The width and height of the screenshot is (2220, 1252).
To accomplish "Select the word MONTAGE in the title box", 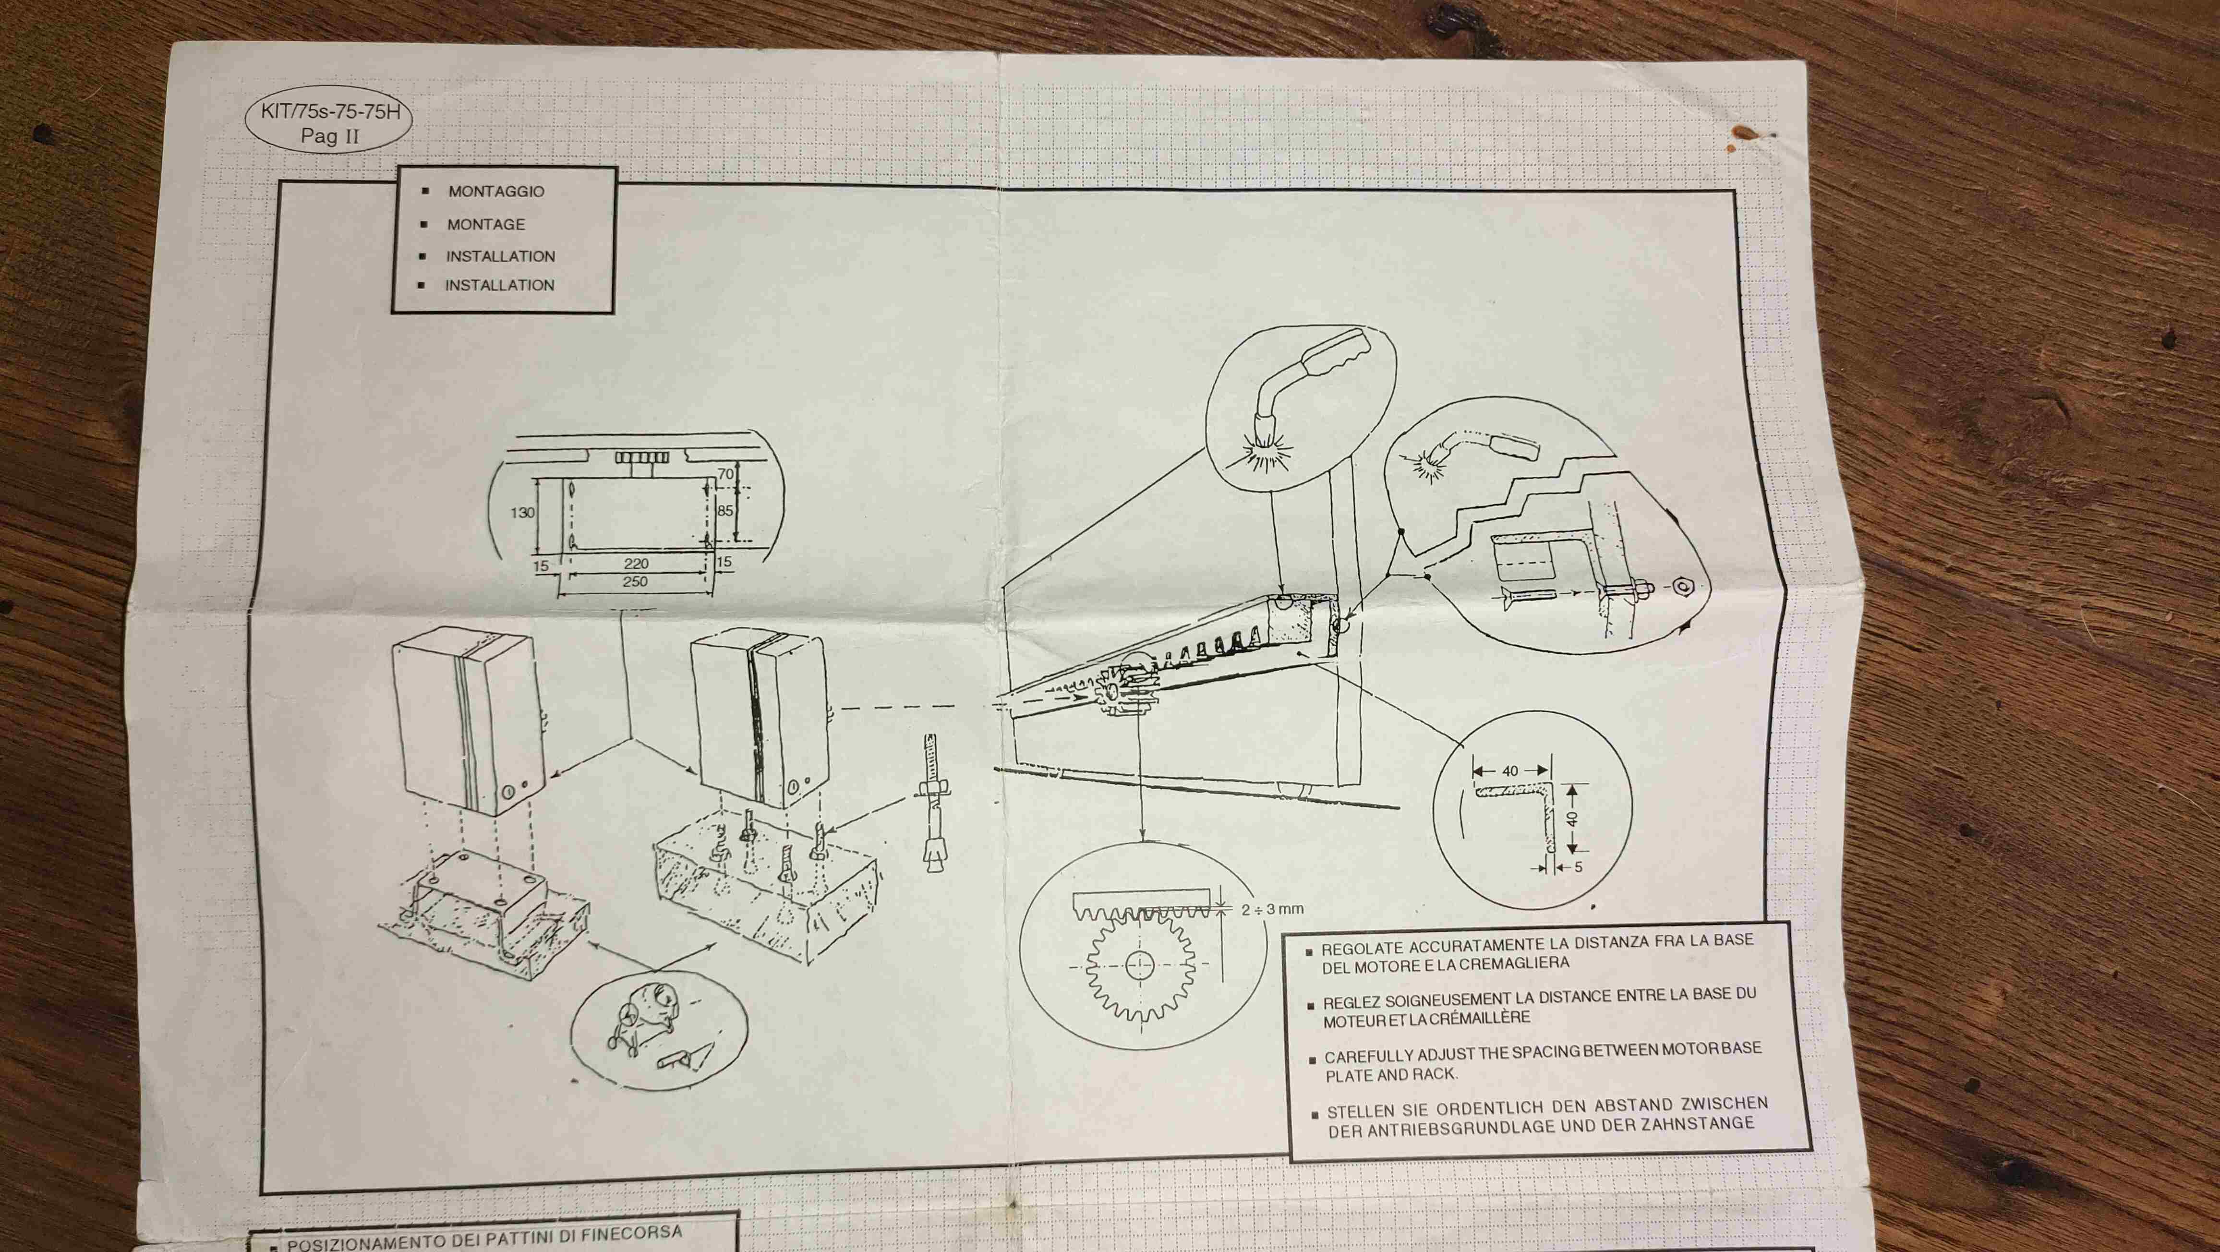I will click(486, 224).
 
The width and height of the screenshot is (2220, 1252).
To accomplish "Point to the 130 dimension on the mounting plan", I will click(522, 513).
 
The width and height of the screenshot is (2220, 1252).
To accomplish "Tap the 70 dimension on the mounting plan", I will click(725, 475).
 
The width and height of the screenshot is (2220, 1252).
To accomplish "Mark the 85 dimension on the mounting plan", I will click(725, 511).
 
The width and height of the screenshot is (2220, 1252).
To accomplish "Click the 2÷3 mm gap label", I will click(1272, 909).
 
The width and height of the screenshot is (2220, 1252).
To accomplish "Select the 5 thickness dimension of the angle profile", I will click(1578, 867).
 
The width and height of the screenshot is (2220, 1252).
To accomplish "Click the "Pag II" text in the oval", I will click(330, 136).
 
